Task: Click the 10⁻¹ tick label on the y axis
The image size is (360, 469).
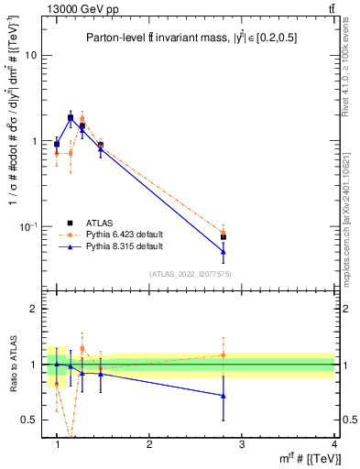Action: click(28, 226)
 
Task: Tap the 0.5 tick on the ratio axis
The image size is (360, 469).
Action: click(29, 420)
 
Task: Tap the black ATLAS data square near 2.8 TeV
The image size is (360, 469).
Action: click(224, 237)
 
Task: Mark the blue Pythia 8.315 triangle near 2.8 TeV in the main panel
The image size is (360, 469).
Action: click(224, 251)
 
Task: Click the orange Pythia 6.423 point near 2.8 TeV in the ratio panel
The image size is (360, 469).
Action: click(224, 354)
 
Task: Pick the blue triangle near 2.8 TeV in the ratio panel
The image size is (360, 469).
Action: click(224, 396)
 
